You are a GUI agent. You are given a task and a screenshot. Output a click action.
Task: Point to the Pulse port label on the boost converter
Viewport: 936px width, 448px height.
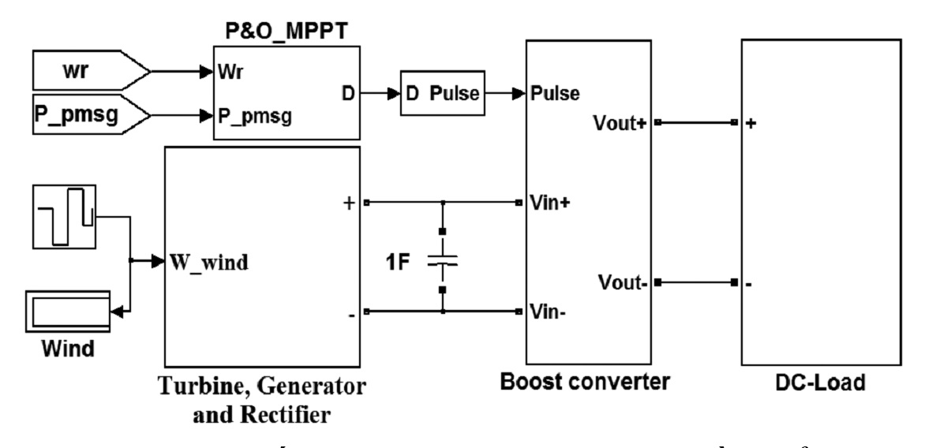557,94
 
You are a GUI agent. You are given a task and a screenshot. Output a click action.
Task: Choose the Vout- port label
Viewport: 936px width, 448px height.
624,282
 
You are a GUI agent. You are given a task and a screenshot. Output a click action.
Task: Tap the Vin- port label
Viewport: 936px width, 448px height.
548,311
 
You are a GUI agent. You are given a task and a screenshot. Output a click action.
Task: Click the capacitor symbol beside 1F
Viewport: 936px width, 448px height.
444,259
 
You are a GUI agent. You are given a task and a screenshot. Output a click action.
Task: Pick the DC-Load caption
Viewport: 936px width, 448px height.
820,383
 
